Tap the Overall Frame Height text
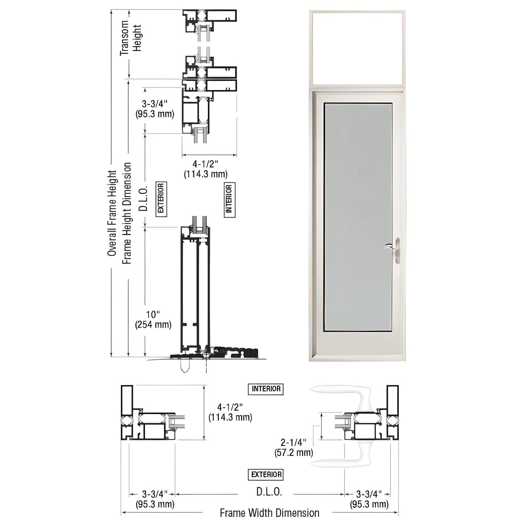tap(112, 213)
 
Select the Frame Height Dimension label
tap(127, 213)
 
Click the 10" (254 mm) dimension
tap(153, 319)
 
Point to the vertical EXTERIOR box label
tap(161, 199)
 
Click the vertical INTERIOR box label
tap(229, 199)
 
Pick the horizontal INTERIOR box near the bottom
tap(266, 389)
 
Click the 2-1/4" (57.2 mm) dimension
tap(294, 447)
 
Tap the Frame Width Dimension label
tap(269, 513)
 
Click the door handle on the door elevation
tap(396, 250)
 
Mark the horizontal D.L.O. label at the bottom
tap(269, 492)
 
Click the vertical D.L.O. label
tap(144, 199)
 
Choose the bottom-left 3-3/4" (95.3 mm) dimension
tap(155, 499)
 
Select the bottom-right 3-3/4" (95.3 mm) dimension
tap(369, 499)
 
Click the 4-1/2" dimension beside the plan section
tap(230, 412)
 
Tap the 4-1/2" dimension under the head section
tap(206, 169)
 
